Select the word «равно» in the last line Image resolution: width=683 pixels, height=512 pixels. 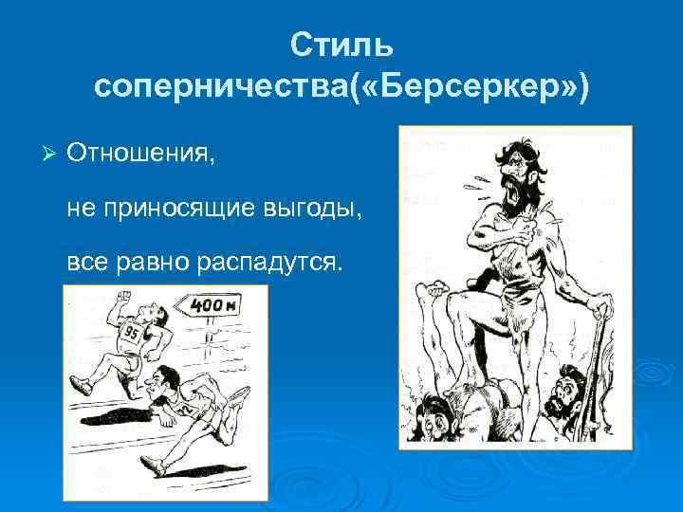(x=157, y=261)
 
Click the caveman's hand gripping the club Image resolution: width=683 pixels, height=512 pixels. (x=600, y=305)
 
